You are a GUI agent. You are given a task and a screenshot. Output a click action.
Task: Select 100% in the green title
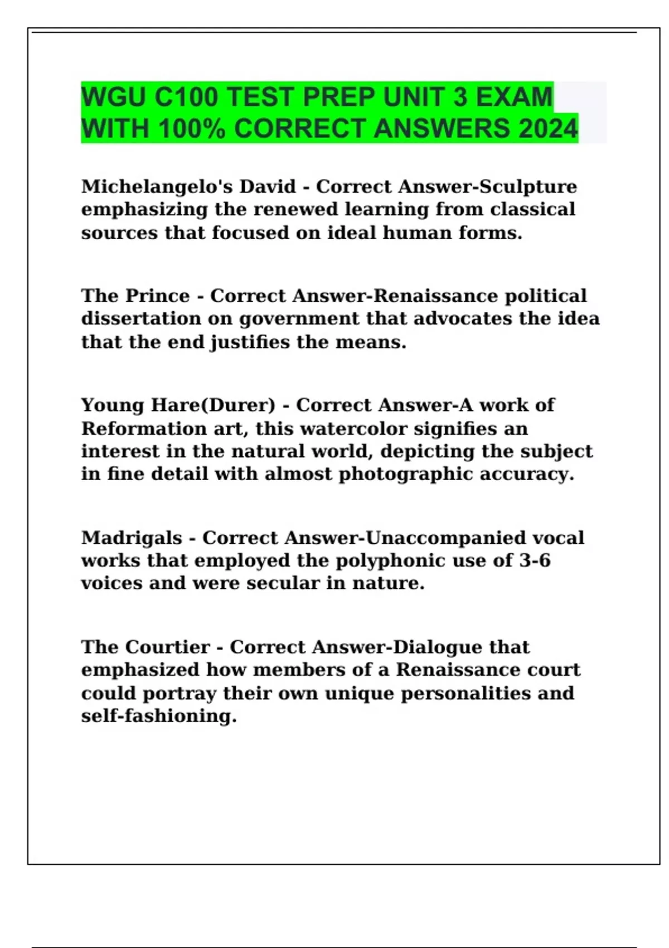(x=192, y=129)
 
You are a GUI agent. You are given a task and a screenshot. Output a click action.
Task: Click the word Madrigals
(x=132, y=538)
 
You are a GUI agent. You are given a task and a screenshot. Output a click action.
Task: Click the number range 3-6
(x=535, y=560)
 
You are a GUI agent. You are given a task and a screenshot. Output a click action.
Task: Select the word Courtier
(x=167, y=647)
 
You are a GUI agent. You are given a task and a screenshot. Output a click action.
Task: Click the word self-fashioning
(x=159, y=716)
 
